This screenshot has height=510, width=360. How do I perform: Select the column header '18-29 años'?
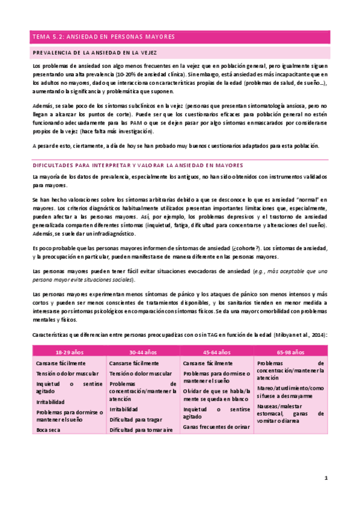pos(69,352)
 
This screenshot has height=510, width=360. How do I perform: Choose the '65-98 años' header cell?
pos(290,352)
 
